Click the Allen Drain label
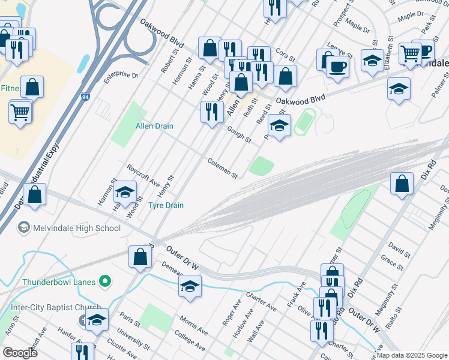point(154,126)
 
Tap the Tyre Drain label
point(166,205)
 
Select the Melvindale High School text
point(77,228)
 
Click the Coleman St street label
point(223,169)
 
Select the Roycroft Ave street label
point(143,174)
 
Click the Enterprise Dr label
point(120,76)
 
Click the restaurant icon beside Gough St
point(211,112)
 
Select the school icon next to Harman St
point(125,192)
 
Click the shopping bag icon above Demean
point(140,256)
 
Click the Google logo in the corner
point(20,352)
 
